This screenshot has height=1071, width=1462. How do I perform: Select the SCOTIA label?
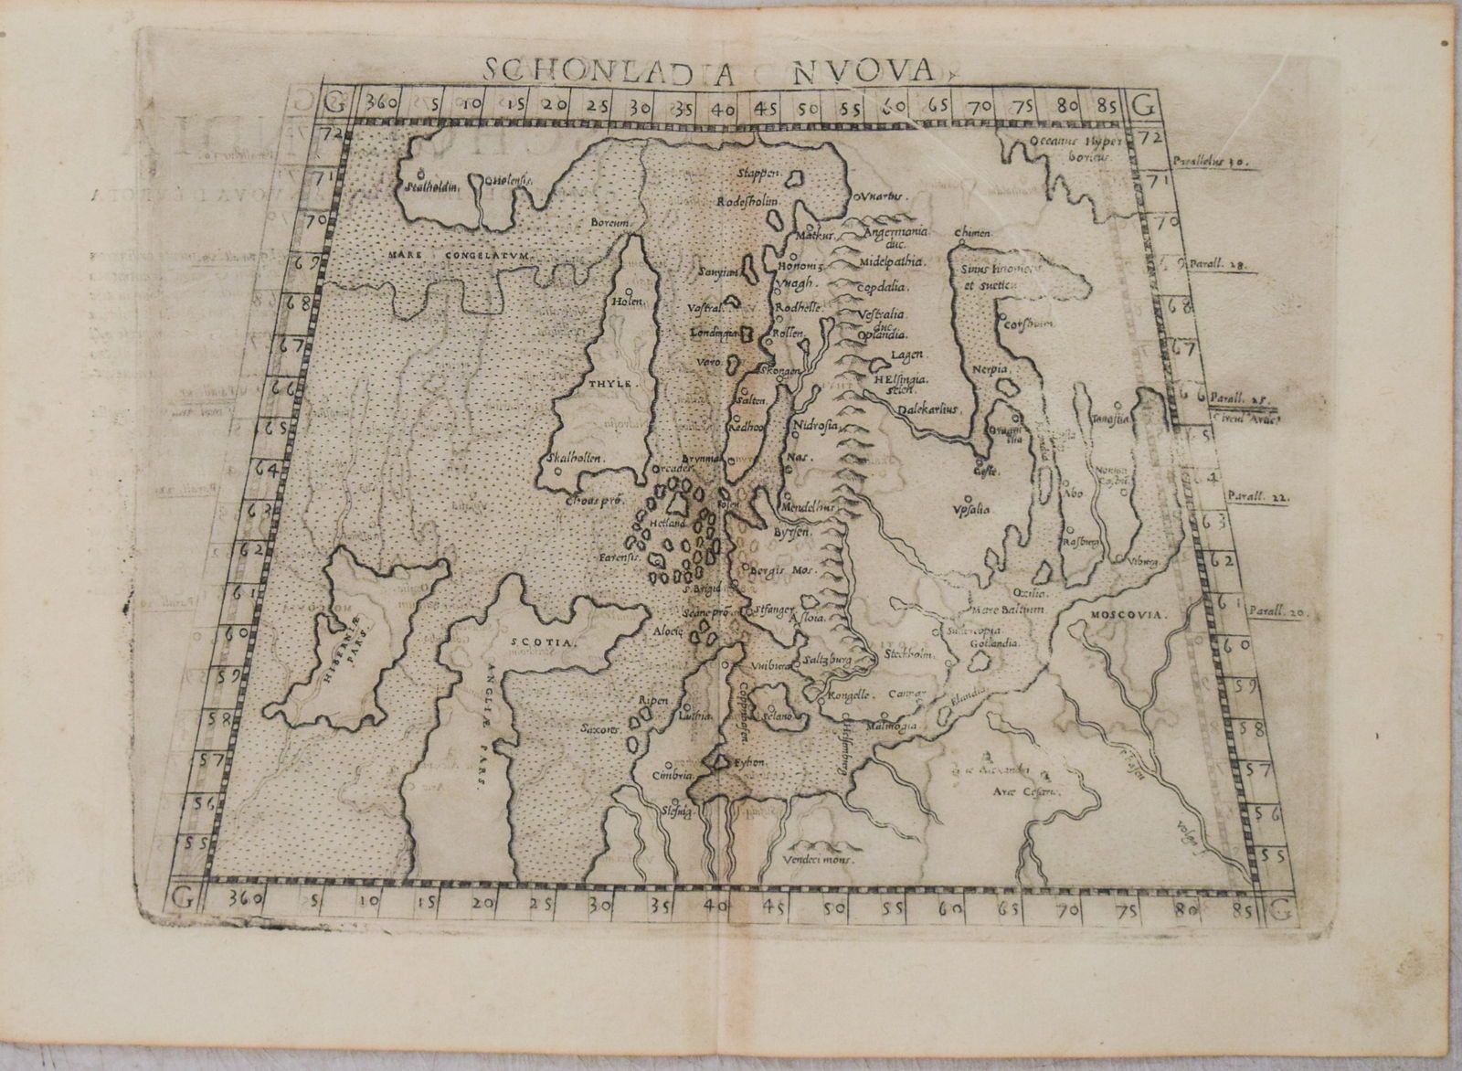coord(545,642)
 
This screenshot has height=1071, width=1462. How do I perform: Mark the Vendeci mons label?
coord(815,860)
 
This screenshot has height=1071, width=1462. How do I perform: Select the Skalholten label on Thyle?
coord(573,458)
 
